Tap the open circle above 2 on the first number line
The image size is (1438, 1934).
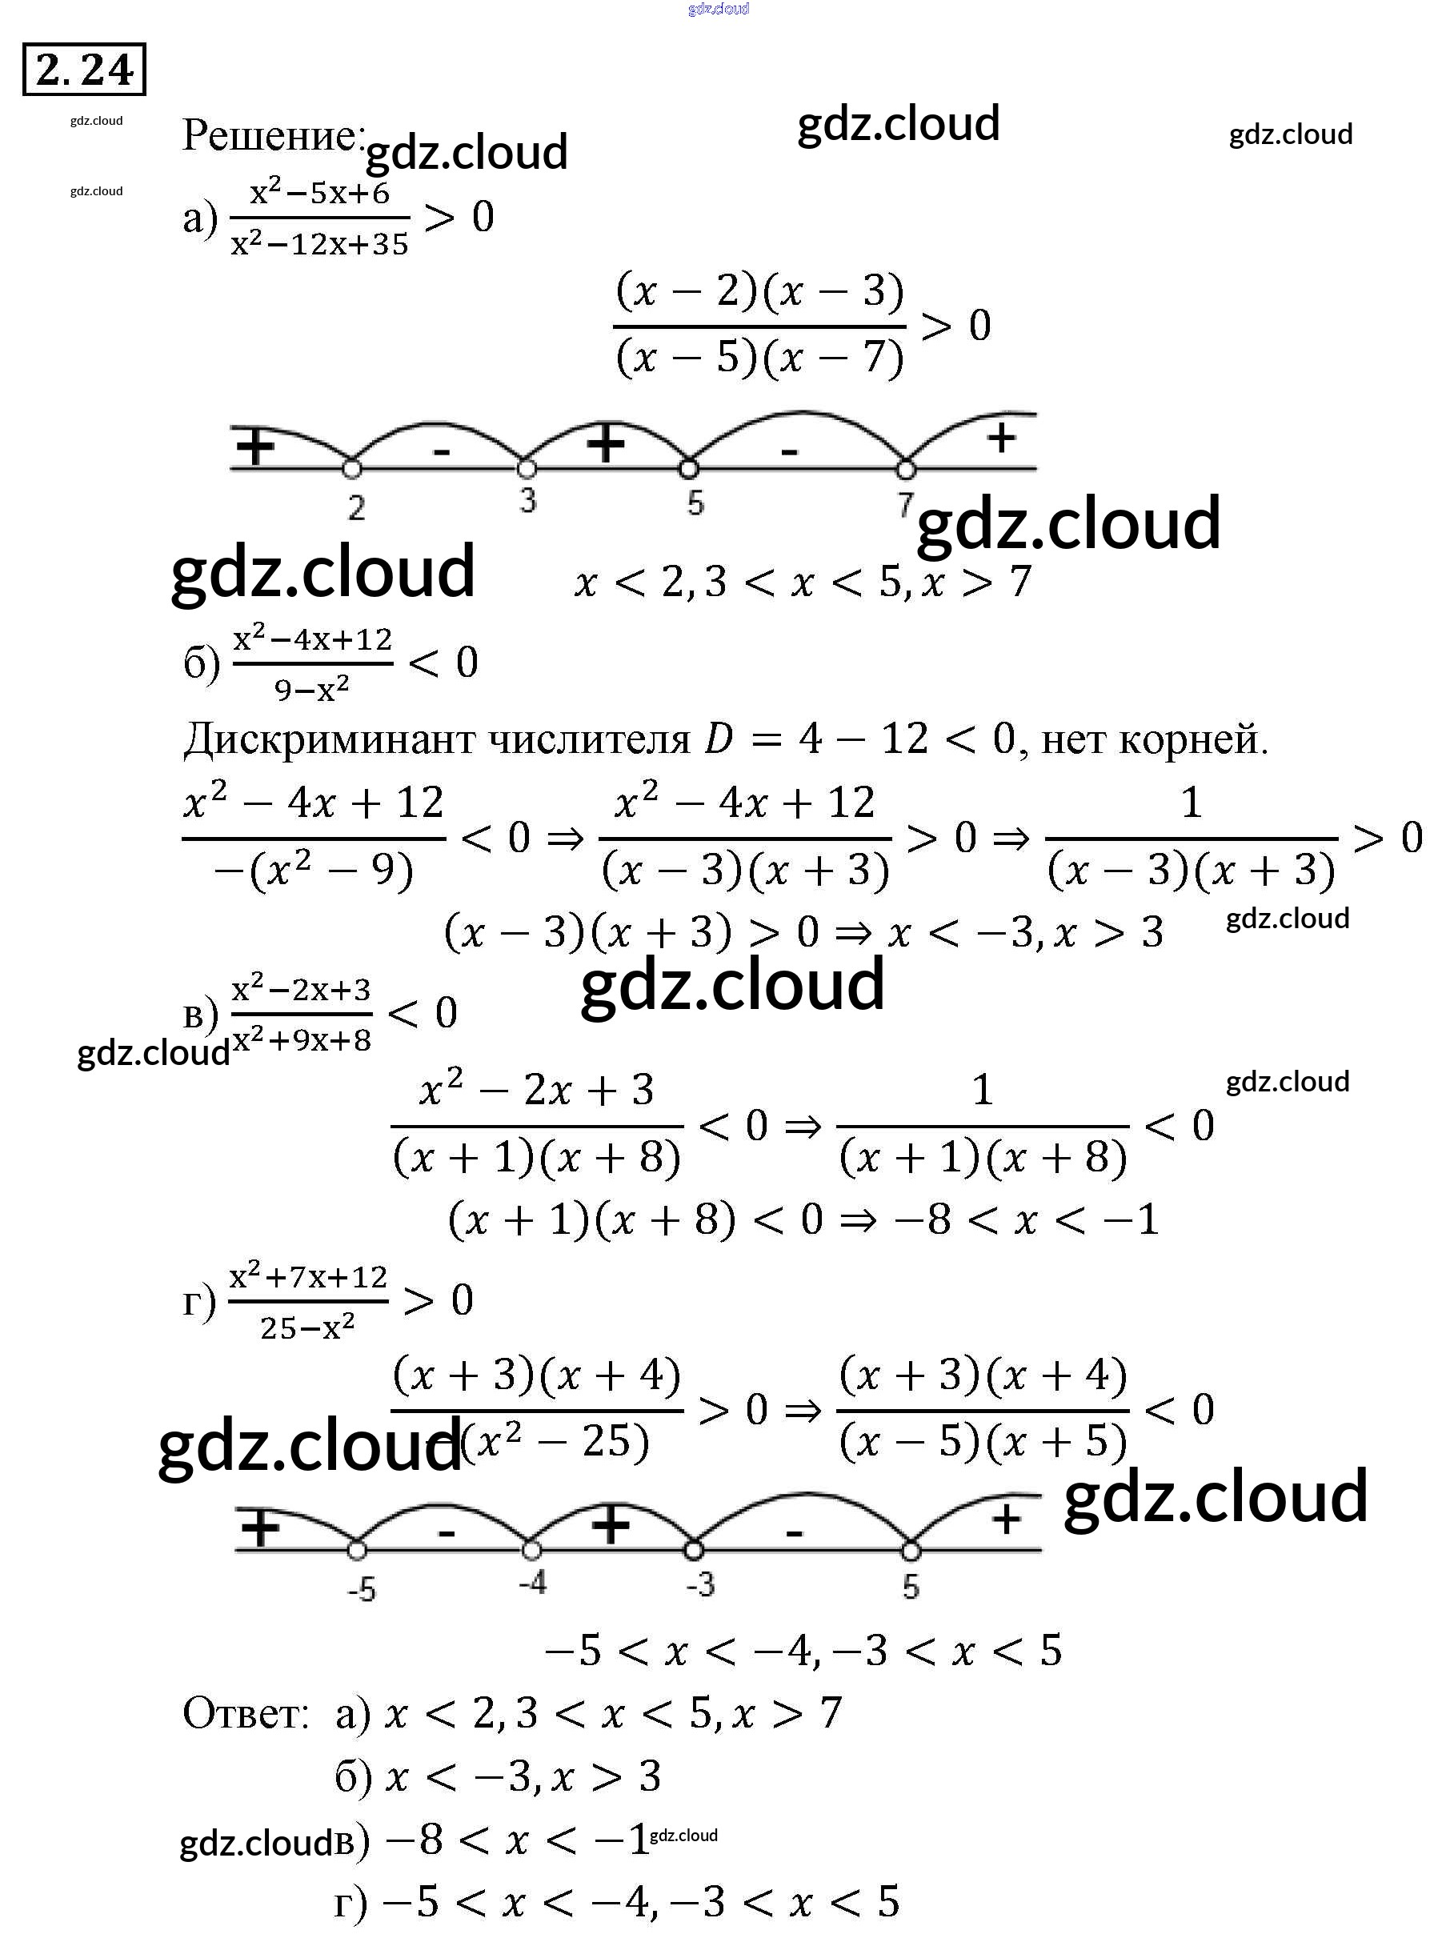350,469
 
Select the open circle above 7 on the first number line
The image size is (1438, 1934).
905,470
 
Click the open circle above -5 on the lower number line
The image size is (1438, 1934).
356,1550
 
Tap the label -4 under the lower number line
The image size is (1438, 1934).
532,1581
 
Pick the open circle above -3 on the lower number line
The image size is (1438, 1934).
693,1550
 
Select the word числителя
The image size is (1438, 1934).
588,740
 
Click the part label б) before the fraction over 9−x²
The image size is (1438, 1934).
202,663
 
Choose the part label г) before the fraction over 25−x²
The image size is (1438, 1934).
198,1302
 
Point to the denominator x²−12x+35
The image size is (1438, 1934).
319,245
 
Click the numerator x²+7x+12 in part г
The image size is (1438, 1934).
308,1277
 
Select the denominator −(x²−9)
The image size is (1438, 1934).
314,870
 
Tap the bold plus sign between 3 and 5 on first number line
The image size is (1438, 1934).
606,444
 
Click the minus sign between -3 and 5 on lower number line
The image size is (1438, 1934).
794,1532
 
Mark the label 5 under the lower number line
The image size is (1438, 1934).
911,1587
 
